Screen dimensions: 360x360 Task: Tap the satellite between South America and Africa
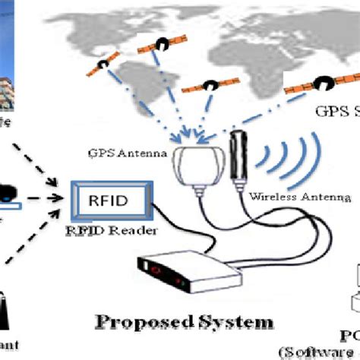(206, 89)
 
